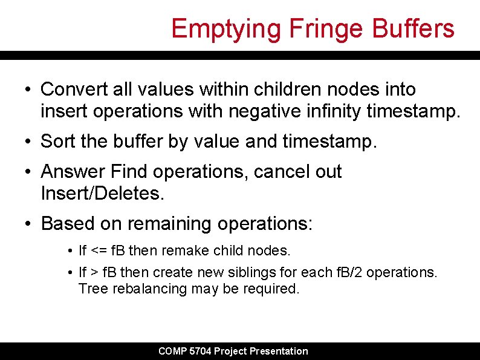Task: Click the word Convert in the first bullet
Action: pos(72,90)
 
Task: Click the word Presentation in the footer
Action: pos(279,351)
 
